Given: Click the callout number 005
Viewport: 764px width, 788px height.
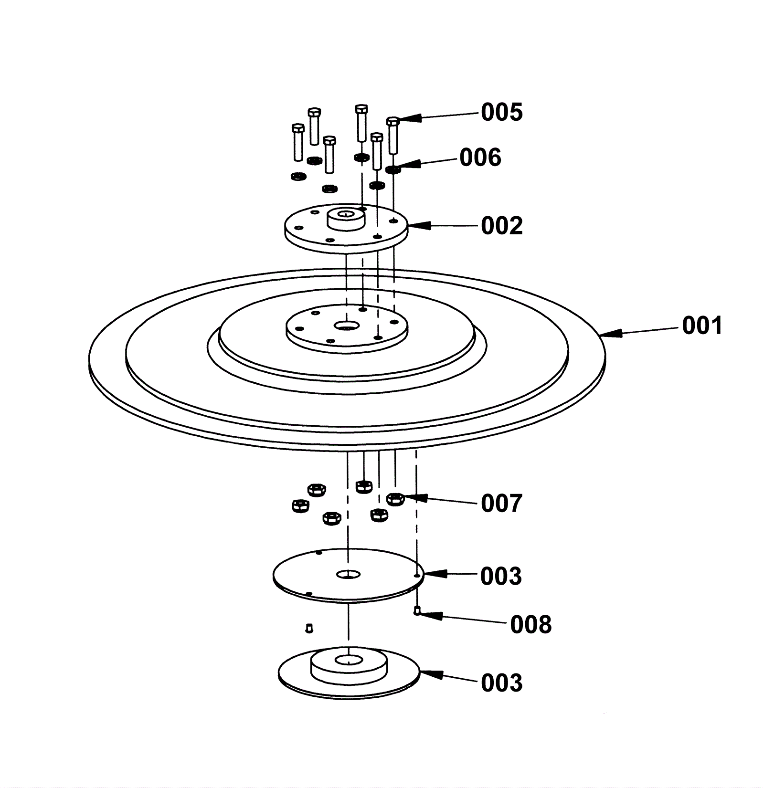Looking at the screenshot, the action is (x=501, y=113).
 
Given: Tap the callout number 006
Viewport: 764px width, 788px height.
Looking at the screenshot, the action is (x=480, y=158).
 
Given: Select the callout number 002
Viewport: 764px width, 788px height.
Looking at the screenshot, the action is (x=501, y=226).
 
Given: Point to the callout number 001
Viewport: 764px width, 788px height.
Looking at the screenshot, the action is (x=702, y=326).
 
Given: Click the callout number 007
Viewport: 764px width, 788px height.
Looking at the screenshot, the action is (x=501, y=504).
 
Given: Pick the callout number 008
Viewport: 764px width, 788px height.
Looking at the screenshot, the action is (x=531, y=625).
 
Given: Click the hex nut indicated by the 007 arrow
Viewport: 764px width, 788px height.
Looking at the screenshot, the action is (x=395, y=499).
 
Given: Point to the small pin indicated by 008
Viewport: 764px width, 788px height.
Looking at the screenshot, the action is (x=417, y=610).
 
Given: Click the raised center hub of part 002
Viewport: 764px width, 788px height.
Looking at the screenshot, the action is (x=345, y=219).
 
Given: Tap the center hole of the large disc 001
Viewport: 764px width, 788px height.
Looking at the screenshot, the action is (x=347, y=326).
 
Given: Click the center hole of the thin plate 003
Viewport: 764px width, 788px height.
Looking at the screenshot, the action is (x=348, y=574).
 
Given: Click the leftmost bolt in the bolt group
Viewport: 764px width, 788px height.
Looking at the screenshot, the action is (x=297, y=142).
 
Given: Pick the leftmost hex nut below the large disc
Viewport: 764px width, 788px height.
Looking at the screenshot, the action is (x=300, y=505).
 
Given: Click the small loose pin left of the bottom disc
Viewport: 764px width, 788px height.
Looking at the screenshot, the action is (x=309, y=628).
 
